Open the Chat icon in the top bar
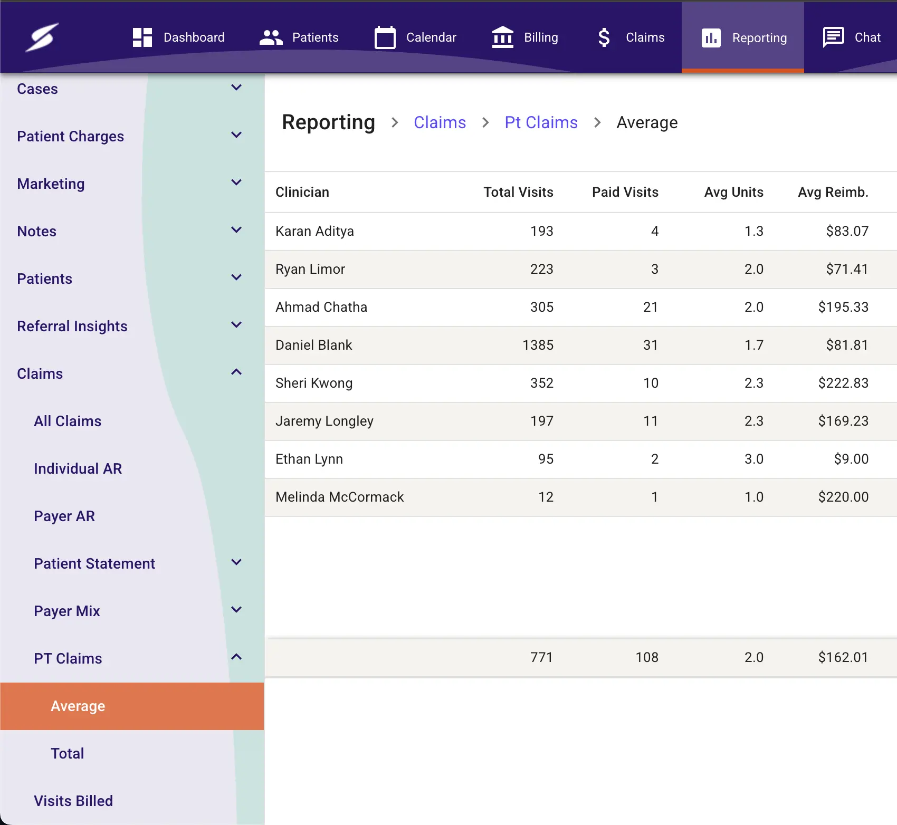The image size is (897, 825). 833,37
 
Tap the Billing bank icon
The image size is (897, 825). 502,37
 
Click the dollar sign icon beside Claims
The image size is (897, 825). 604,37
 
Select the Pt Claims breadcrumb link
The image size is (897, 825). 541,122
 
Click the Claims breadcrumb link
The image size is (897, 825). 440,122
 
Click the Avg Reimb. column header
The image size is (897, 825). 833,192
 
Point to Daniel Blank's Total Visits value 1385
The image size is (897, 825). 538,345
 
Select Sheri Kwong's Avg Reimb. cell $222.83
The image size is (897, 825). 843,383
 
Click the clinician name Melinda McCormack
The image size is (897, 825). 339,497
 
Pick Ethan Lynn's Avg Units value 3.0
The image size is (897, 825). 753,459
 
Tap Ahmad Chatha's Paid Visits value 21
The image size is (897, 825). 650,307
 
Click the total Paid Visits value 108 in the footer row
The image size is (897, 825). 646,657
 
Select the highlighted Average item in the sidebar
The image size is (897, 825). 78,706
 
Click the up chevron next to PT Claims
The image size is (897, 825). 236,657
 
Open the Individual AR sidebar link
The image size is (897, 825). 78,468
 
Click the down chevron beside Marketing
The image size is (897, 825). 236,183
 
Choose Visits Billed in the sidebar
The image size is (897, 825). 73,801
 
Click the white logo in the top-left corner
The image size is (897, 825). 42,37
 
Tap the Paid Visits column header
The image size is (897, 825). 625,192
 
